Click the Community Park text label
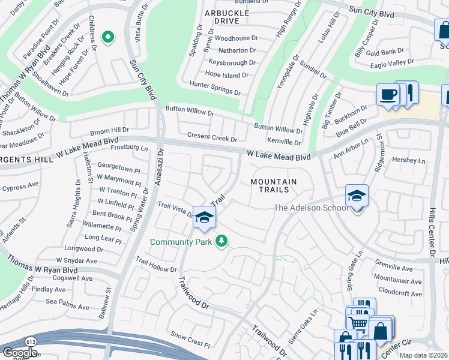point(182,242)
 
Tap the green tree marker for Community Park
point(222,241)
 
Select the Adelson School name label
point(310,208)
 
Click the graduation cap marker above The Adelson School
point(357,196)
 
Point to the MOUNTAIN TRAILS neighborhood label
point(273,185)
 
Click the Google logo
point(20,352)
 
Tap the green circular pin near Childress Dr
point(108,38)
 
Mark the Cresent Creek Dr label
point(212,137)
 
